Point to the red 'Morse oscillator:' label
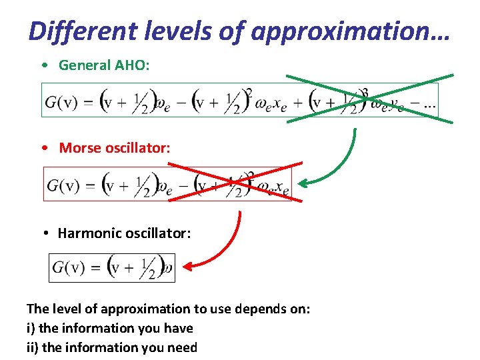tap(115, 147)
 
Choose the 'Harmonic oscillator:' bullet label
tap(124, 233)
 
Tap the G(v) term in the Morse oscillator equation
tap(62, 185)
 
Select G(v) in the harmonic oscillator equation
tap(69, 268)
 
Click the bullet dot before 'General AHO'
tap(43, 65)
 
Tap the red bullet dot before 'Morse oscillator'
tap(43, 148)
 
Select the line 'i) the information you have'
tap(109, 328)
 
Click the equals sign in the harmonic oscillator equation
tap(96, 268)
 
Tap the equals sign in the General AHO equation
tap(89, 102)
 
